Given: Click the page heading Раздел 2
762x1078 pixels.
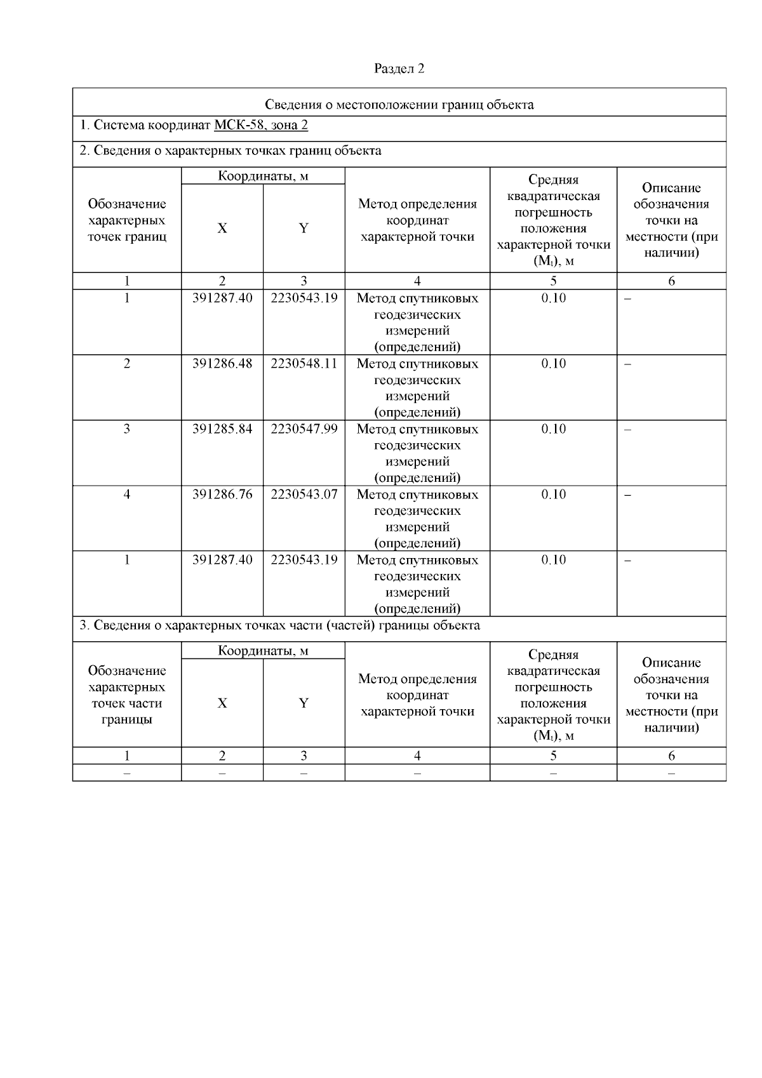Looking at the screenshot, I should pos(399,69).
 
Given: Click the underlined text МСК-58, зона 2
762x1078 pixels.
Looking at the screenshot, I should pos(261,125).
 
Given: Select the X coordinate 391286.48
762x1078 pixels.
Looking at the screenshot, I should pos(222,364).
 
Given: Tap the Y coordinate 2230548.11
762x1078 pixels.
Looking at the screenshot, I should pos(304,364).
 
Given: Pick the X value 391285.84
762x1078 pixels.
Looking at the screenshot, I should pos(222,429).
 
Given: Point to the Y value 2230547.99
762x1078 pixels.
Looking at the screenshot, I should pos(304,429).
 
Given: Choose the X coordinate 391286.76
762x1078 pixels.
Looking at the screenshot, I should pos(222,495).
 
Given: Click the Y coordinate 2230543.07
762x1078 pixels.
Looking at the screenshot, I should pos(304,495).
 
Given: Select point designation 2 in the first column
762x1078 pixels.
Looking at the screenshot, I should pos(127,364).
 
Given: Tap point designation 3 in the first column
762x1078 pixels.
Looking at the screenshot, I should pos(127,429).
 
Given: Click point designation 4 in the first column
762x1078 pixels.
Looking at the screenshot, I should pos(127,495).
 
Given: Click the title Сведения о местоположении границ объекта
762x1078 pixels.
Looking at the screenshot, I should pos(399,105).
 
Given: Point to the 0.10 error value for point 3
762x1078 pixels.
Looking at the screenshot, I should pos(553,429).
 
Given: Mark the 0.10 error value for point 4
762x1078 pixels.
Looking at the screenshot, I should pos(553,495).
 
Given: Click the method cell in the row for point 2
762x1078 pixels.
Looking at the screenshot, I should pos(417,387).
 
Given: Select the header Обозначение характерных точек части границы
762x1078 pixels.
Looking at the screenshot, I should pos(127,695).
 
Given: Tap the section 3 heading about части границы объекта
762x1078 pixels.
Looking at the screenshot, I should pos(279,626).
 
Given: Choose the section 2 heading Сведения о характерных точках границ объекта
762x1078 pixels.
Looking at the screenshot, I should pos(231,151).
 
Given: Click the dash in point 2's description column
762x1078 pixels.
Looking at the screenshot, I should pos(628,364).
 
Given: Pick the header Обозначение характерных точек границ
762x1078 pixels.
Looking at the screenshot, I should pos(127,220).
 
